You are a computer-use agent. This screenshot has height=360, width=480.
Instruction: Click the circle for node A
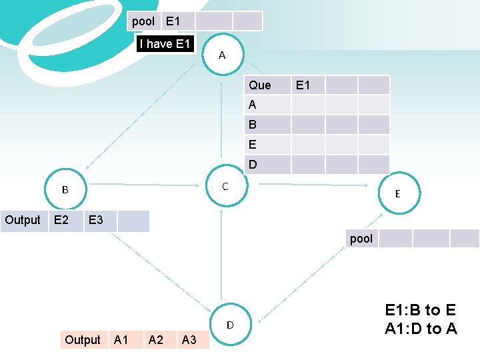[222, 55]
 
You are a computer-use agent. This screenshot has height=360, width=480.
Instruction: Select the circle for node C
[225, 187]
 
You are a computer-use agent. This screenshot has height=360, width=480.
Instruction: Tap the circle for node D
[230, 325]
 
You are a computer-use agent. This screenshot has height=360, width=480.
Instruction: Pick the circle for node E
[397, 193]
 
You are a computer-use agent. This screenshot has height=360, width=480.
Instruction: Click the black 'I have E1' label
[165, 44]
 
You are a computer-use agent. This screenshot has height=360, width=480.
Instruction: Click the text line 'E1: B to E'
[421, 310]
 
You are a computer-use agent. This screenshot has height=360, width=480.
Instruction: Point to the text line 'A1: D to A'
[421, 328]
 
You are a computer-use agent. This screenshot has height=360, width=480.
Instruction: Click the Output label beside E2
[23, 220]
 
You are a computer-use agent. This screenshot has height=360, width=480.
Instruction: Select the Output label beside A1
[83, 340]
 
